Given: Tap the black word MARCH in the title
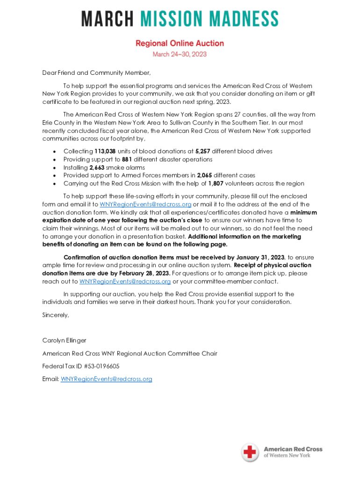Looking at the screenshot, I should tap(107, 19).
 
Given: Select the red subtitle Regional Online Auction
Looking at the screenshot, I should tap(180, 43).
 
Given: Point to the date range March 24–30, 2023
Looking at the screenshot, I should tap(180, 54).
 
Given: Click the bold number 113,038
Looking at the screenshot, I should tap(105, 152).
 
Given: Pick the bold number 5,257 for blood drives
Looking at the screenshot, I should tap(203, 152).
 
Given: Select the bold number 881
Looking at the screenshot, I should tap(121, 160).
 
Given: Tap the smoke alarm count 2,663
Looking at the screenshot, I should tap(98, 167).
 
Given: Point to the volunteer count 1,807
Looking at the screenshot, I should tap(216, 183).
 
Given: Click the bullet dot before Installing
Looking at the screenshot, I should tap(55, 168).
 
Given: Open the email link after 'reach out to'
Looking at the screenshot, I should tap(125, 281).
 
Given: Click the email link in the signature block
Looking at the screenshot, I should tap(107, 379).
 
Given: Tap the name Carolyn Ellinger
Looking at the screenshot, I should tap(64, 340).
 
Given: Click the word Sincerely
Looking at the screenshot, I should tap(56, 315).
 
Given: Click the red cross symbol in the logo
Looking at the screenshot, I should tap(250, 452).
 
